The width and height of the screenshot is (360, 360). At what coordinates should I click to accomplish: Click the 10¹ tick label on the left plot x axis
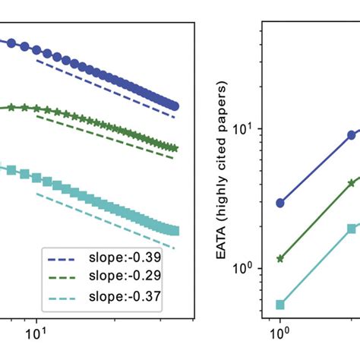[37, 331]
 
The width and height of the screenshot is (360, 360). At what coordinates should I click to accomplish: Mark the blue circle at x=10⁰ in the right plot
[280, 203]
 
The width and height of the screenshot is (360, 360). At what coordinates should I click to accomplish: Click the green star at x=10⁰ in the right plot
[280, 258]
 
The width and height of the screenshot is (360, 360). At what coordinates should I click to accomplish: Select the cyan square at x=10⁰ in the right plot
[280, 305]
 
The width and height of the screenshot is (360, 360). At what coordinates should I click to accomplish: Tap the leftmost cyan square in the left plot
[11, 172]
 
